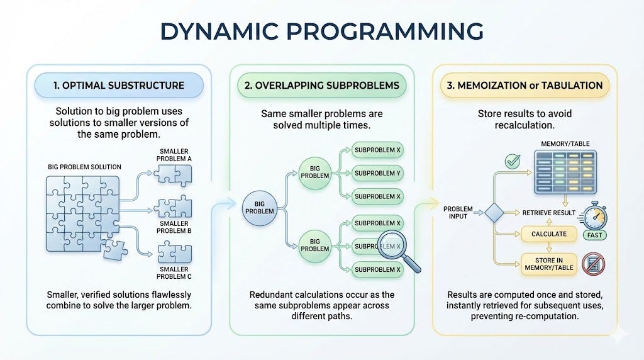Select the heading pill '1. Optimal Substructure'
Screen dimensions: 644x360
(x=119, y=86)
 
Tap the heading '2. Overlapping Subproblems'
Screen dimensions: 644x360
(x=321, y=86)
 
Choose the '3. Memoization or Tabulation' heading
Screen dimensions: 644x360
(x=525, y=86)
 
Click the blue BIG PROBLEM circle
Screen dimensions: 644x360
(x=260, y=208)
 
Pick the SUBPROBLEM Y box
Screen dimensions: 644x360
(x=377, y=174)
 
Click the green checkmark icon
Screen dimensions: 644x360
(x=513, y=162)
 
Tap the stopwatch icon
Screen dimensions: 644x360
(x=595, y=215)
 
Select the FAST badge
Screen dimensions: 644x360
(x=594, y=235)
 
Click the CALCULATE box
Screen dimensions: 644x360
(x=548, y=234)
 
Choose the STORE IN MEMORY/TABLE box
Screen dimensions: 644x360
(x=548, y=264)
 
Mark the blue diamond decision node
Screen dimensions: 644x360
(x=494, y=213)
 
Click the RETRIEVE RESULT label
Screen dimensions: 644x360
(x=548, y=213)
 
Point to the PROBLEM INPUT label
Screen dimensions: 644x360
(x=458, y=213)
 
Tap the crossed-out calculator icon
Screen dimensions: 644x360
(x=594, y=264)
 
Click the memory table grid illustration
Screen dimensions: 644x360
(x=565, y=172)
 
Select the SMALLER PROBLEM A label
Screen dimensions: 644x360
(x=174, y=155)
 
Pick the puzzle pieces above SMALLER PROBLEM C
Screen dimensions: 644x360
(x=175, y=252)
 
